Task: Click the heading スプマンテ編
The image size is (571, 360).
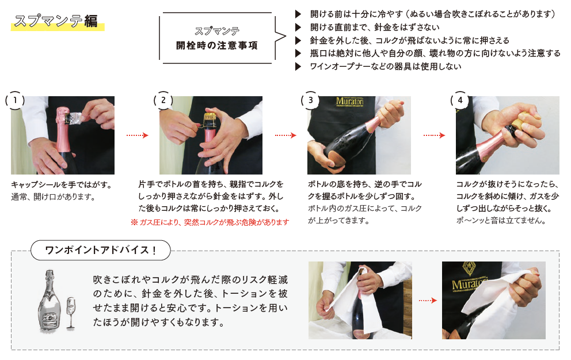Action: click(56, 21)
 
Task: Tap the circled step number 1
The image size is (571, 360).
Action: click(15, 100)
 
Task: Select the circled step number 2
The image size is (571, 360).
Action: click(163, 100)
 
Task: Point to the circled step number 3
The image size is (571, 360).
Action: click(311, 100)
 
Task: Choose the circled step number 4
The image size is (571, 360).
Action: click(460, 100)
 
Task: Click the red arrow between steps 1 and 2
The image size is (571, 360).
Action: click(138, 135)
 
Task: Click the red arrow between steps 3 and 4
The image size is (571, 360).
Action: click(434, 135)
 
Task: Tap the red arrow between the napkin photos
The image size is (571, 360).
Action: click(428, 300)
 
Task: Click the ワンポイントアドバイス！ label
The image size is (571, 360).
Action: click(101, 251)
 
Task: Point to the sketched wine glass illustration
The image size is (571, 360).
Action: click(71, 313)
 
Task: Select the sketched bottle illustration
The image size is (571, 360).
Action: click(49, 301)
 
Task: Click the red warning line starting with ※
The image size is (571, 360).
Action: click(210, 222)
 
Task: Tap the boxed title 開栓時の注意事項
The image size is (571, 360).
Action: click(217, 45)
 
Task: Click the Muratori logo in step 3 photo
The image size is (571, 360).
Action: click(349, 101)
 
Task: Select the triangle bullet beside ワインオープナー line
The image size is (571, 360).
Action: click(298, 66)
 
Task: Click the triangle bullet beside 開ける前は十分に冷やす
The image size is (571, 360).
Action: click(298, 14)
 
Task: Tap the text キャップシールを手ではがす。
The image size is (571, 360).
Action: click(62, 185)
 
